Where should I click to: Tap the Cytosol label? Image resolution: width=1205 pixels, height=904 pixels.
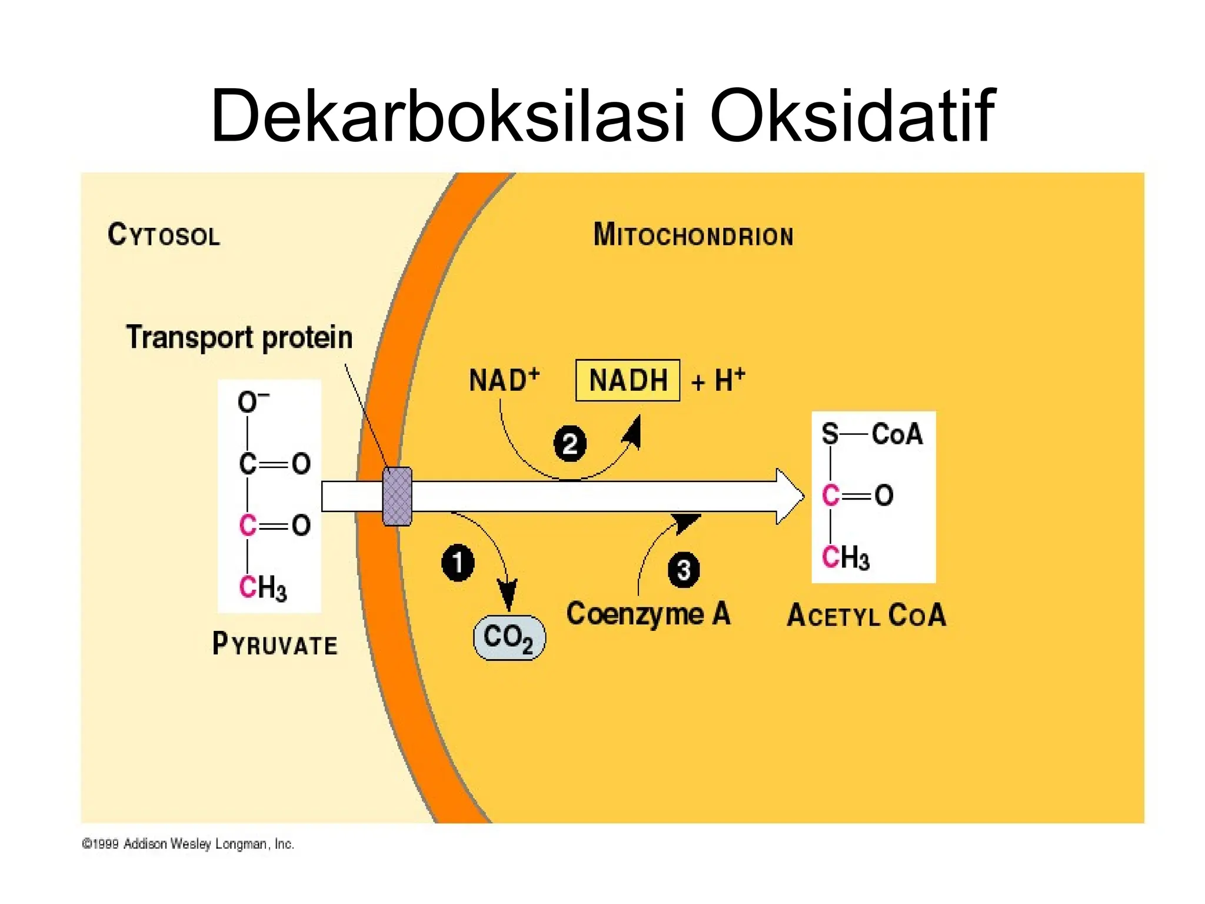pos(164,235)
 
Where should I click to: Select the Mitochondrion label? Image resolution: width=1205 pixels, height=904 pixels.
pos(693,235)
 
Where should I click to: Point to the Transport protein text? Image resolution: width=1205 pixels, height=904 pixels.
pos(239,337)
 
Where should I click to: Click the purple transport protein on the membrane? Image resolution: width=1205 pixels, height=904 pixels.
pos(397,496)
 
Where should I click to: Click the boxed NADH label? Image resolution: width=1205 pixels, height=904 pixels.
pos(628,380)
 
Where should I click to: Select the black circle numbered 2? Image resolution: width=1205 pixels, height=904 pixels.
pos(570,443)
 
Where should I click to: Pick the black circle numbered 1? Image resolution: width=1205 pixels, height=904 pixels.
pos(458,563)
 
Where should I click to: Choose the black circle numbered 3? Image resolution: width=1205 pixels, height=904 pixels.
pos(684,570)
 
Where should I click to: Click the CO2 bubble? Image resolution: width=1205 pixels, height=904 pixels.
pos(510,637)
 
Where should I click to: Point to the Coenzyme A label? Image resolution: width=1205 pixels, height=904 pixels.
pos(648,614)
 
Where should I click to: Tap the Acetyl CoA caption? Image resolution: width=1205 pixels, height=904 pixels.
pos(867,616)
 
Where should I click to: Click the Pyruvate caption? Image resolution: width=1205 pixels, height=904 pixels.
pos(275,644)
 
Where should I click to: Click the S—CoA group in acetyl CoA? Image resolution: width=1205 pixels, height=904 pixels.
pos(873,434)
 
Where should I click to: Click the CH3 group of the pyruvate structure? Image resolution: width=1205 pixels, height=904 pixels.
pos(262,587)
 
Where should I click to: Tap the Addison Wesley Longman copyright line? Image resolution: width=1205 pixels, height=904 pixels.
pos(188,844)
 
